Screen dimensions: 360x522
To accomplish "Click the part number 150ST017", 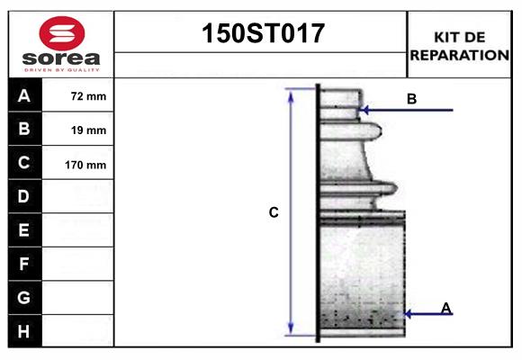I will [261, 34].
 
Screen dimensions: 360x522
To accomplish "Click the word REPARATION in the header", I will [460, 54].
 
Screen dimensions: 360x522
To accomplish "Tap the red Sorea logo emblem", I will [61, 34].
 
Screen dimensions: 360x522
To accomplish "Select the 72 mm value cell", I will [88, 96].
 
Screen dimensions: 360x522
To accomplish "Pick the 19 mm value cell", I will [88, 130].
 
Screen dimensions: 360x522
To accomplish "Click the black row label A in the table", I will [24, 95].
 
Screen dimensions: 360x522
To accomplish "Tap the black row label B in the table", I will [24, 130].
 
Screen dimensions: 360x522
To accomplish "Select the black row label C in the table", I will [24, 163].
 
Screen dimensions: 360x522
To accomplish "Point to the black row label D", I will [24, 196].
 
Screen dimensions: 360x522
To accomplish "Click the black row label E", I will [24, 230].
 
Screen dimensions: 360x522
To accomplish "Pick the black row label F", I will [24, 264].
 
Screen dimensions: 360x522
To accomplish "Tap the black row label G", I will [24, 297].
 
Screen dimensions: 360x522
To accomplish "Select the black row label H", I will [24, 330].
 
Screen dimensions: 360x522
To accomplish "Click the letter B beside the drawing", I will [411, 98].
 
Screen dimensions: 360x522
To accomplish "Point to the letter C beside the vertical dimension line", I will [274, 213].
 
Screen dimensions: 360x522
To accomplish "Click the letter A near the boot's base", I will [445, 308].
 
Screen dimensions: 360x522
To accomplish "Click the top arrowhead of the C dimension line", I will [291, 92].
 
